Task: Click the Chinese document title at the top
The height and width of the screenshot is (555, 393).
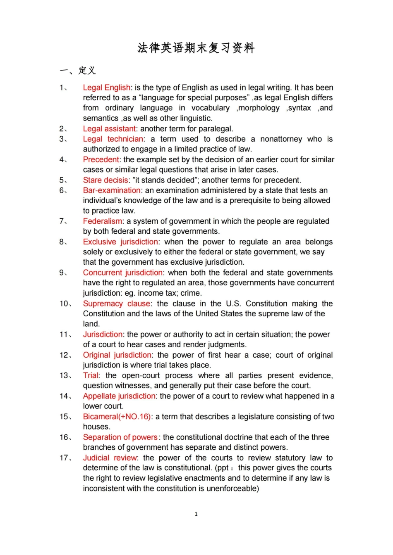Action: click(x=196, y=48)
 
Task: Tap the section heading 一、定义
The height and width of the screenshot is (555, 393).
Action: click(x=78, y=71)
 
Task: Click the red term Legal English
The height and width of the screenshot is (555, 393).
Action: click(x=107, y=88)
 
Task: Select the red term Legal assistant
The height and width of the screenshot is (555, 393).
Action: click(x=109, y=129)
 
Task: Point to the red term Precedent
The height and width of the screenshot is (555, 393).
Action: click(x=101, y=160)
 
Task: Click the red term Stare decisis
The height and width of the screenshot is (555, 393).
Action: click(x=105, y=180)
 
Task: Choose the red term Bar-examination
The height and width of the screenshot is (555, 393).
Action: click(x=112, y=190)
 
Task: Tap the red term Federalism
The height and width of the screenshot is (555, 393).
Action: click(x=103, y=221)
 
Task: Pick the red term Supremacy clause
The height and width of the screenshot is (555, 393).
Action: click(x=117, y=304)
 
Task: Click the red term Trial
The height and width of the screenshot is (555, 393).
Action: click(x=91, y=375)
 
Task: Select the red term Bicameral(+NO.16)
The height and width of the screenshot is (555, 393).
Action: click(x=117, y=417)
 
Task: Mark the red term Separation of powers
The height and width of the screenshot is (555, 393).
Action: click(x=120, y=437)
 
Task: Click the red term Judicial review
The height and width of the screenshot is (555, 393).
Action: click(x=110, y=458)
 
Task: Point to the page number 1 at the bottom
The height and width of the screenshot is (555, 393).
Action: click(x=196, y=514)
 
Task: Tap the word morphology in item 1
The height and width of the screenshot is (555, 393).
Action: click(x=259, y=108)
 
